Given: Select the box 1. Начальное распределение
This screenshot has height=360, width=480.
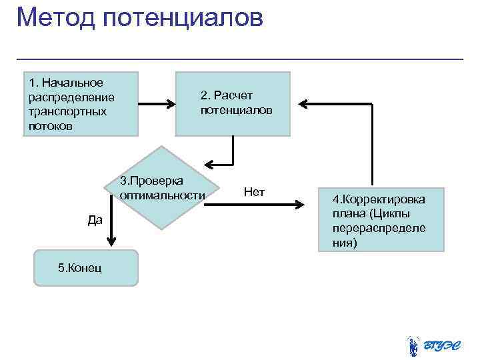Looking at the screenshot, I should point(81,104).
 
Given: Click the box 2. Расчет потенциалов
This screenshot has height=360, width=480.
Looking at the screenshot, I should point(233,104).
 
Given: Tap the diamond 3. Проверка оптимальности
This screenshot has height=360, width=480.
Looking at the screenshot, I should point(162,188).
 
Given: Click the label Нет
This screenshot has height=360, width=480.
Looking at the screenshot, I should point(254,193).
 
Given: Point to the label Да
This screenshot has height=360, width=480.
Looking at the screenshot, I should point(95,219).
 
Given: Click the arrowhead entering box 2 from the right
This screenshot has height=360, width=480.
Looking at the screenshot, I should point(302,104).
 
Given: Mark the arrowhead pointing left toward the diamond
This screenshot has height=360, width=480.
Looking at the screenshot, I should point(209,163).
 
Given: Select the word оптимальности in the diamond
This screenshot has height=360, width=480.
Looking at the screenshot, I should point(162,195).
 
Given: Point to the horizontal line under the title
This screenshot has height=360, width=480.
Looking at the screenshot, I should point(240,59).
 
